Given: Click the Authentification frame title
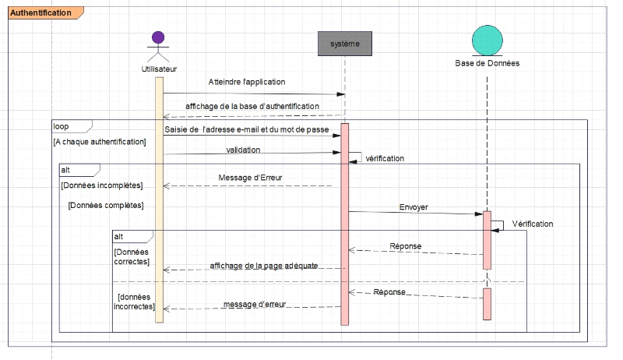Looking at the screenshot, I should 40,12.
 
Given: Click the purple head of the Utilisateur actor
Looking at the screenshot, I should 159,37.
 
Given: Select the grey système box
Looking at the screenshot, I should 345,43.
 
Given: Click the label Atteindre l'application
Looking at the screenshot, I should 246,82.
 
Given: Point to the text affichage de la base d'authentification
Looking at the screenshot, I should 252,106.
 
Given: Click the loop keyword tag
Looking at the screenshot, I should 62,125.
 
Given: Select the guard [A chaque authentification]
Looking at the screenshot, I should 100,142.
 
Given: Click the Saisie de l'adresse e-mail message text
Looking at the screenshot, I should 247,129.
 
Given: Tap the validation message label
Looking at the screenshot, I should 243,149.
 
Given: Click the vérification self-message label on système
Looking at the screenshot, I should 385,158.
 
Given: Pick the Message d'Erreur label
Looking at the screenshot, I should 250,177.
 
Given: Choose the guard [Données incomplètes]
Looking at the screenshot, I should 101,185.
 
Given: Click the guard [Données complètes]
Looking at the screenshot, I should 106,206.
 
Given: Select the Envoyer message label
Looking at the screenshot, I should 414,207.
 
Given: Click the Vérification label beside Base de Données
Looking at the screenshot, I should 533,224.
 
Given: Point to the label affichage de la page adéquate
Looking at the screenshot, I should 264,266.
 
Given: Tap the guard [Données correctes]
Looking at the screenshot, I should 132,257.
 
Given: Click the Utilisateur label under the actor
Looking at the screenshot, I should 159,69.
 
